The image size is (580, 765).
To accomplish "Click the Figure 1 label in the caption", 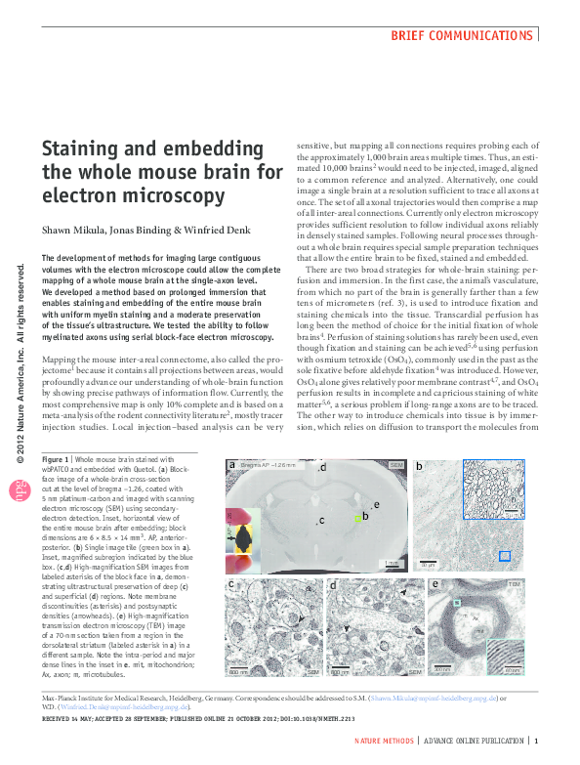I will pyautogui.click(x=57, y=459).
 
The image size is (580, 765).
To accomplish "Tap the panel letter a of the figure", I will pyautogui.click(x=232, y=466).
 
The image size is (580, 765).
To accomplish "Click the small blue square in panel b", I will pyautogui.click(x=505, y=556).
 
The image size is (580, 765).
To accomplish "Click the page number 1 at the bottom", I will pyautogui.click(x=537, y=743).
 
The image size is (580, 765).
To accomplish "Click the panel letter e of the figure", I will pyautogui.click(x=434, y=584).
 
